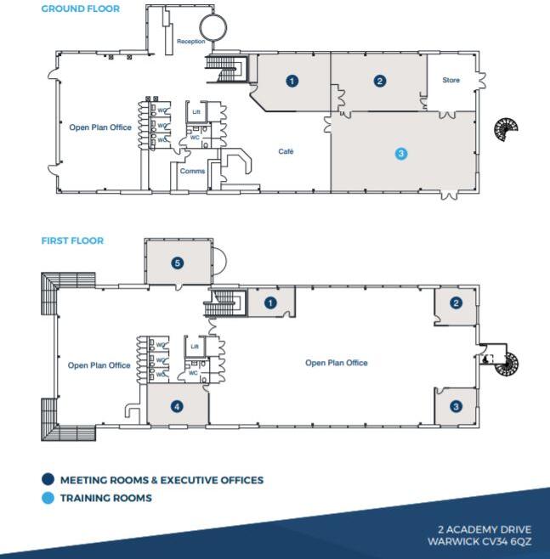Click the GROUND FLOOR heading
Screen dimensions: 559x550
[81, 9]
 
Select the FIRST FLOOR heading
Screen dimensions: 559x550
[72, 241]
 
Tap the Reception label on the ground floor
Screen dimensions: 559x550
[190, 41]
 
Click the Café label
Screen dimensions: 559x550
[286, 151]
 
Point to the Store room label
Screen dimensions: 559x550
[451, 81]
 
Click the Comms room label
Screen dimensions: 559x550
[192, 171]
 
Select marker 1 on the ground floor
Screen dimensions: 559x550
[292, 82]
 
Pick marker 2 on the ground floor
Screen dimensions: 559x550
[380, 82]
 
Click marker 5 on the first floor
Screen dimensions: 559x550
[178, 263]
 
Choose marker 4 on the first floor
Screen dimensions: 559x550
[177, 407]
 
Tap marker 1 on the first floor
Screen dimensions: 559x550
[271, 303]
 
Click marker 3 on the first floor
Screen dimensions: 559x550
[456, 407]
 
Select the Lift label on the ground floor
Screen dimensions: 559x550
[195, 111]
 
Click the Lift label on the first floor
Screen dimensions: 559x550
[195, 347]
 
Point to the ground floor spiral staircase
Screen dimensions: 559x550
[507, 129]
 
